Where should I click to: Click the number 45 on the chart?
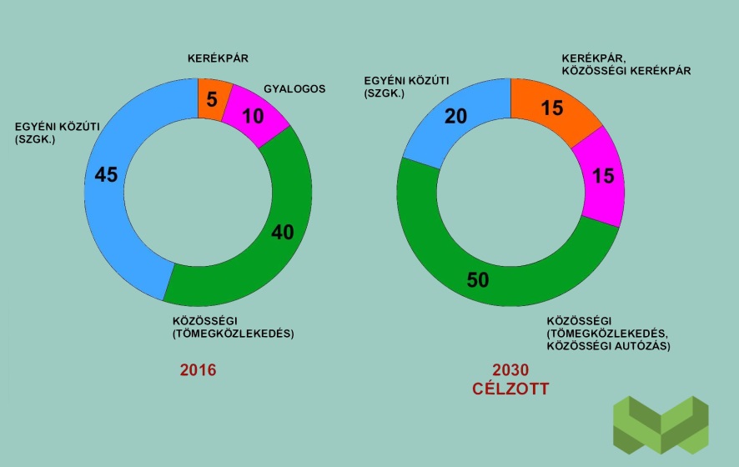[x=107, y=175]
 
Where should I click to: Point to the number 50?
[x=477, y=280]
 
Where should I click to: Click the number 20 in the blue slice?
[x=455, y=117]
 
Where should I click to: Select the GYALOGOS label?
[x=294, y=88]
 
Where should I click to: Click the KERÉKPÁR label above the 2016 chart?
[x=219, y=58]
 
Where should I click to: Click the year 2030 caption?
[x=510, y=370]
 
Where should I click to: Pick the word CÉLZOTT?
[x=510, y=389]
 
